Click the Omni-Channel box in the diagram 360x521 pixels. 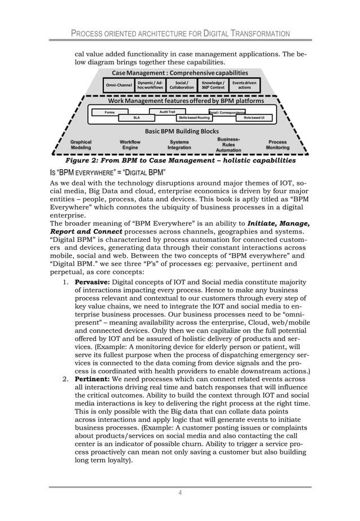(118, 85)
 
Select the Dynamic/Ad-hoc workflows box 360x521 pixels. (151, 85)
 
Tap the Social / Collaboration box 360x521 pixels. (182, 85)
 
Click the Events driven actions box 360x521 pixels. (244, 85)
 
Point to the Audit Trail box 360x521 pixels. (168, 112)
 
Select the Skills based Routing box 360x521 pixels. (194, 118)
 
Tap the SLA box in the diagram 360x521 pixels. (136, 118)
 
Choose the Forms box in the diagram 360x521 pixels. (109, 112)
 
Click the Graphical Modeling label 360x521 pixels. (81, 144)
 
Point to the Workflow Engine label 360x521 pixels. (130, 144)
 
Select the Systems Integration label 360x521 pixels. (179, 144)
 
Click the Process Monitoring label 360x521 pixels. (278, 144)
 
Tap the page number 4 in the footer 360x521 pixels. (179, 494)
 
